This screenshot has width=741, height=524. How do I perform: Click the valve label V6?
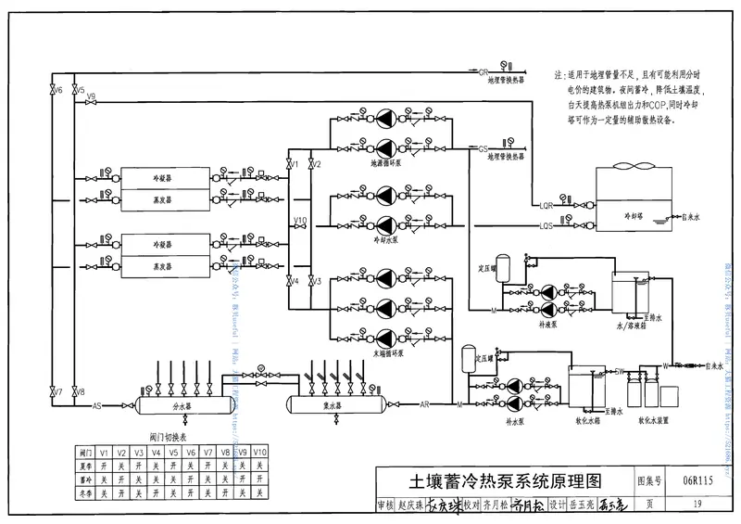[x=58, y=91]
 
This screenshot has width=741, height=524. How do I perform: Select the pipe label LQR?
[x=546, y=205]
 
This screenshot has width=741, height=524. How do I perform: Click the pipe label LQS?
[x=546, y=225]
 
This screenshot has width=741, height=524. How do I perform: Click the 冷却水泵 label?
[x=384, y=238]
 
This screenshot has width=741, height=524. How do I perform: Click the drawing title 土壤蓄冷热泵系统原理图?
[x=506, y=481]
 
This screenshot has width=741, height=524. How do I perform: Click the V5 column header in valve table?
[x=173, y=452]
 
